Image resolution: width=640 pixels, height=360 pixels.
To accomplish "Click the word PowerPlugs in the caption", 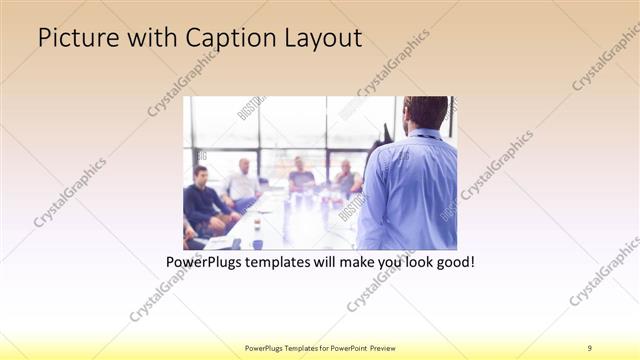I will coord(206,262).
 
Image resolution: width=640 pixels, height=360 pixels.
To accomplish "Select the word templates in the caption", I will coord(284,262).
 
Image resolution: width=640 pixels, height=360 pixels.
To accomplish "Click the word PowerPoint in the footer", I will coord(346,348).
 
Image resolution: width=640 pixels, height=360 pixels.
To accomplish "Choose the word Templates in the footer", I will coord(299,348).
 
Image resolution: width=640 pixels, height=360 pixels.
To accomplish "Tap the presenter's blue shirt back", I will coord(415,190).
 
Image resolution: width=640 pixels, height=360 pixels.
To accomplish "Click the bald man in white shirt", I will coord(243,180).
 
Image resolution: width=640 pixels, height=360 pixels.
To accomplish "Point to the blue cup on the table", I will coord(257,243).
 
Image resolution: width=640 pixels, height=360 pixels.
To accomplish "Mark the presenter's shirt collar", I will coord(425,133).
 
